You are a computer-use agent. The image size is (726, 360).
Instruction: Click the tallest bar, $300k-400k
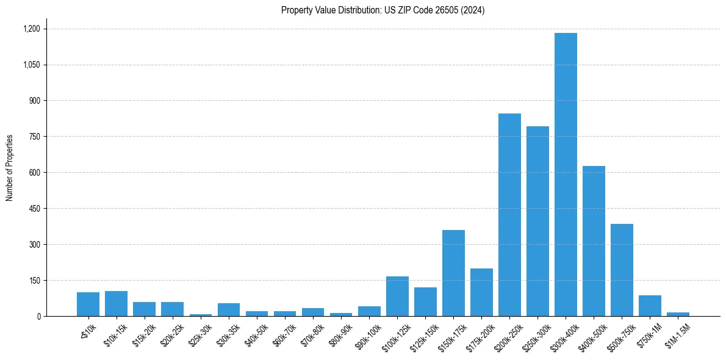coord(566,175)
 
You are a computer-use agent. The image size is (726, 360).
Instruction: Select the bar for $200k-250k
coord(509,215)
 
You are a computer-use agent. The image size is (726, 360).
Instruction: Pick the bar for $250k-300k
coord(537,221)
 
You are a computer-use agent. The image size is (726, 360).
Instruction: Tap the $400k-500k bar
coord(594,241)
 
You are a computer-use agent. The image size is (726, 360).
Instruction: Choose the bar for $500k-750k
coord(622,270)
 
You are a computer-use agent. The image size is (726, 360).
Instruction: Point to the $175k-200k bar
coord(481,292)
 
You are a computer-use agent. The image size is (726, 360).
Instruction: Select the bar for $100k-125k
coord(397,297)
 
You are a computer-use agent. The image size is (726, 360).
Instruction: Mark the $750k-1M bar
coord(650,306)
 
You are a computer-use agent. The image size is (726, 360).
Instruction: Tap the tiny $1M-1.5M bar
coord(678,314)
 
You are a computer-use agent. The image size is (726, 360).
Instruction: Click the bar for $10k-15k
coord(116,304)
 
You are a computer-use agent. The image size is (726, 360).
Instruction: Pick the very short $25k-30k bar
coord(200,315)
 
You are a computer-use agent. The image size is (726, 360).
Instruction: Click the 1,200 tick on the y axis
coord(31,29)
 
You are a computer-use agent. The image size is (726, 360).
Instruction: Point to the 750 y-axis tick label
coord(34,137)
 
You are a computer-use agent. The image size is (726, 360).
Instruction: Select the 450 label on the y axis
coord(34,209)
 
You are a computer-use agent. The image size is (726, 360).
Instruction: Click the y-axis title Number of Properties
coord(9,168)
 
